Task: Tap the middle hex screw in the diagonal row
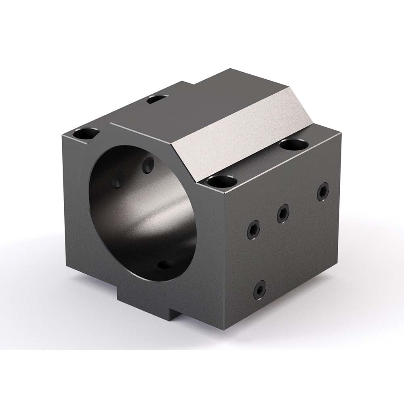coord(283,213)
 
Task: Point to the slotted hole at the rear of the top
coord(157,98)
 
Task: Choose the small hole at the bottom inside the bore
coord(164,265)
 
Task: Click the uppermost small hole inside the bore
coord(149,164)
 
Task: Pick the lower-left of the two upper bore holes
coord(118,180)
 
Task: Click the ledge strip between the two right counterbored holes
coord(259,162)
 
